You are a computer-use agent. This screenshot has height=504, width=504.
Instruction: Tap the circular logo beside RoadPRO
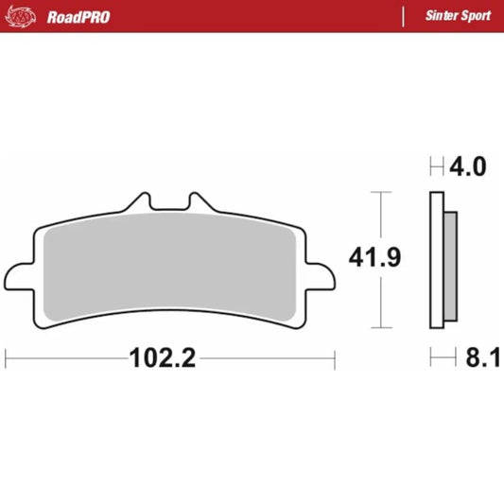click(26, 16)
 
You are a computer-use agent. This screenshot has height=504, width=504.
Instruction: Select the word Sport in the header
click(474, 16)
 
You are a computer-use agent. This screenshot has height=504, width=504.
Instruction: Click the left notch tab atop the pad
click(140, 202)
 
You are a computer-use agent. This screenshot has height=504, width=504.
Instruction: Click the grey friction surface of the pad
click(170, 265)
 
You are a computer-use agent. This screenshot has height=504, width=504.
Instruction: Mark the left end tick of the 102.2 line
click(7, 359)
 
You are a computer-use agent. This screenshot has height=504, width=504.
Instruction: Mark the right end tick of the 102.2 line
click(335, 359)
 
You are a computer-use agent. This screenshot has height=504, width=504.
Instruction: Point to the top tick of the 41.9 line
click(380, 192)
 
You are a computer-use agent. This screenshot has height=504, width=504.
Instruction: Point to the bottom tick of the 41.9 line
click(380, 329)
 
